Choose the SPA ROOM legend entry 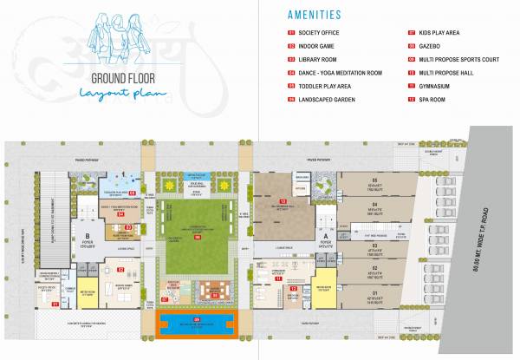coord(442,101)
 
